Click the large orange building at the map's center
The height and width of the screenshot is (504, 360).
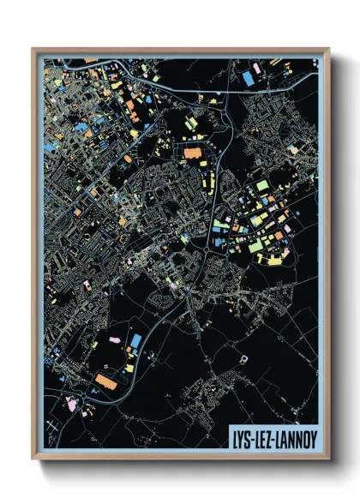point(190,154)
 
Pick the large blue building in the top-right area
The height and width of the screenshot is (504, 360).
point(249,78)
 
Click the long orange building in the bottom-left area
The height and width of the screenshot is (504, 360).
point(105,381)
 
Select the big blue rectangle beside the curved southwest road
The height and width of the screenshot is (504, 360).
point(135,341)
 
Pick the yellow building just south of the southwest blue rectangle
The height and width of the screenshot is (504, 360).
point(130,368)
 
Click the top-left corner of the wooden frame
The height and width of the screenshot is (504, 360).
point(33,49)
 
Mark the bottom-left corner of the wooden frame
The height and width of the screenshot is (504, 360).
point(33,460)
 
